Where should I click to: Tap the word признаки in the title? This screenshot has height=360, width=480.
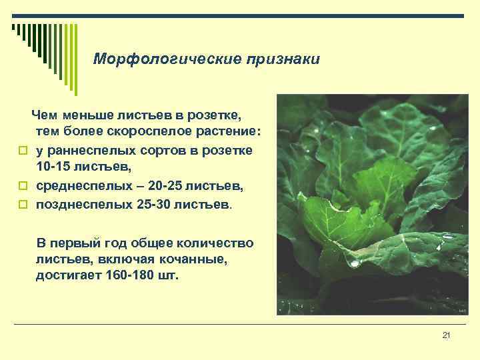(283, 59)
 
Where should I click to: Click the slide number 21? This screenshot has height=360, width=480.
(447, 335)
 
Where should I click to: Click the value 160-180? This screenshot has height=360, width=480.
(131, 275)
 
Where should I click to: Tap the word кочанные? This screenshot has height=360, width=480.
(197, 259)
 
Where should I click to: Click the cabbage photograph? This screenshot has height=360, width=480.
(370, 204)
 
